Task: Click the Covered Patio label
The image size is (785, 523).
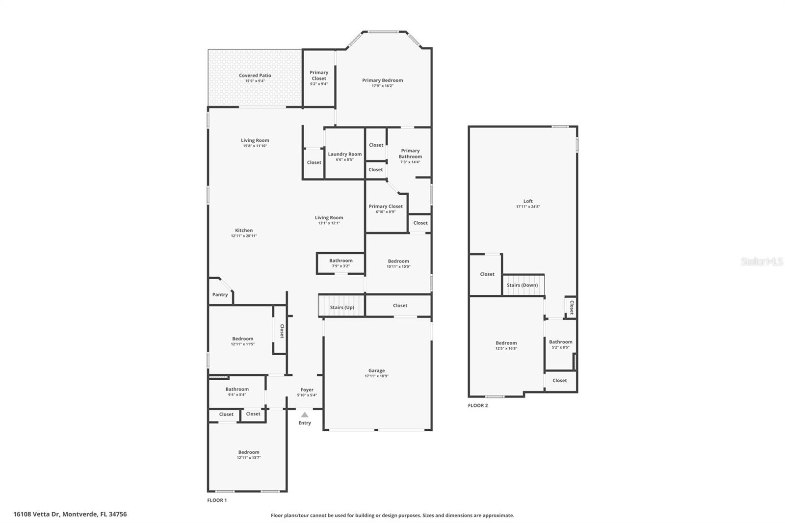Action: pyautogui.click(x=255, y=76)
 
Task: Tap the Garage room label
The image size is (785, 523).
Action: pyautogui.click(x=376, y=371)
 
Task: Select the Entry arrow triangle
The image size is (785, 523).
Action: pyautogui.click(x=305, y=415)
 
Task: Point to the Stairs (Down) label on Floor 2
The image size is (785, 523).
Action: pyautogui.click(x=522, y=285)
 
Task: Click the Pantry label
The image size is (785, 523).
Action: pyautogui.click(x=220, y=295)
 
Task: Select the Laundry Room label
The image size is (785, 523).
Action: pyautogui.click(x=344, y=154)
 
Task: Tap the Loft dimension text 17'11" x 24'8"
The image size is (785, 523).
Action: pyautogui.click(x=528, y=207)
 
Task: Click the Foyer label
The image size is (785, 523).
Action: pyautogui.click(x=307, y=390)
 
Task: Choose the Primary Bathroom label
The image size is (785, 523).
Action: pyautogui.click(x=410, y=154)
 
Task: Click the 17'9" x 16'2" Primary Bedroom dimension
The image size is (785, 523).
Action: pyautogui.click(x=382, y=86)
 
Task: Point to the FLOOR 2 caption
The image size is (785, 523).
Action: pyautogui.click(x=477, y=406)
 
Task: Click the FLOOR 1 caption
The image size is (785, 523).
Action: pyautogui.click(x=217, y=500)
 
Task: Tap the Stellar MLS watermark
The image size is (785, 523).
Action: pyautogui.click(x=761, y=261)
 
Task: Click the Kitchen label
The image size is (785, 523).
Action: pyautogui.click(x=244, y=230)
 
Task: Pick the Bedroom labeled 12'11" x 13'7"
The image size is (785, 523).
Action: pyautogui.click(x=249, y=452)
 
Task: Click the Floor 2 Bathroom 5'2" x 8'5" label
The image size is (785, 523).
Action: pyautogui.click(x=560, y=342)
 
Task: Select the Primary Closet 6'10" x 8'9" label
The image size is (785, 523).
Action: pyautogui.click(x=386, y=207)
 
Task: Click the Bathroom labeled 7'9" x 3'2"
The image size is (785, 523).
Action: pyautogui.click(x=340, y=261)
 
